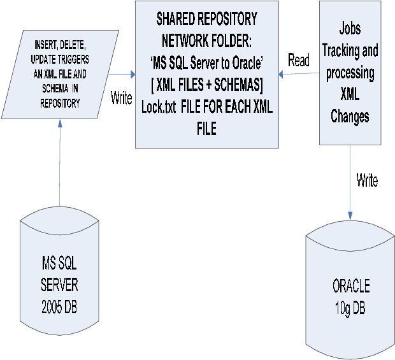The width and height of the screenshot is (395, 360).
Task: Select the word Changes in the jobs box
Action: (x=349, y=117)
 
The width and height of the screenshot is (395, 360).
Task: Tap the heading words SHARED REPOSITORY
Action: (x=206, y=18)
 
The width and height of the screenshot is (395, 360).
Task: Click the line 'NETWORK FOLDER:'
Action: (x=207, y=41)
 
